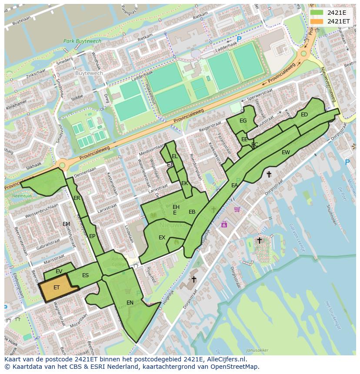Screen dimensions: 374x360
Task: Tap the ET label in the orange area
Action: (x=57, y=288)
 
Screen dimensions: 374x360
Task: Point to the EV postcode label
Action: (x=59, y=271)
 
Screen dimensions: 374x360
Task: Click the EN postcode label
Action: (x=130, y=302)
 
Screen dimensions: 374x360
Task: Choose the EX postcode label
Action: (x=162, y=238)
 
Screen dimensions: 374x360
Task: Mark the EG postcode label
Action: (x=243, y=121)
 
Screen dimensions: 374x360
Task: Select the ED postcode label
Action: (x=304, y=115)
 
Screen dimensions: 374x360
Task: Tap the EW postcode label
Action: (x=286, y=152)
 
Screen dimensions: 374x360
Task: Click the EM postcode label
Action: (x=66, y=224)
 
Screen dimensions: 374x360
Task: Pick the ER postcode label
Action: (x=77, y=198)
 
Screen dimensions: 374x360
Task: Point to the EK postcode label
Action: (x=184, y=183)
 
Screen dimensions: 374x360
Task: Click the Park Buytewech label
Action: (x=82, y=41)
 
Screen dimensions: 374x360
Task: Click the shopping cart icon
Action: (x=237, y=209)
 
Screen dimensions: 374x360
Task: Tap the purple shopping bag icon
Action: (x=224, y=224)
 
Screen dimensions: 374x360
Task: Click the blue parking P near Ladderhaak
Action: (x=239, y=39)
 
